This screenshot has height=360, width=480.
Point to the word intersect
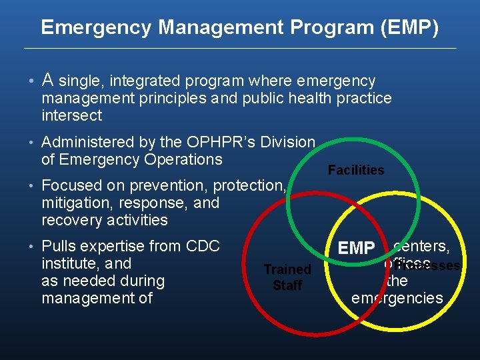click(x=71, y=116)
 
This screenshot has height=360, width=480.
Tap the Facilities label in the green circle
click(x=356, y=170)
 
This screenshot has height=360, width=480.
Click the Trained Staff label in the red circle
click(x=287, y=277)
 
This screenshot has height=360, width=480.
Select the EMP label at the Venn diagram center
click(x=356, y=249)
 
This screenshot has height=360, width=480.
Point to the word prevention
click(x=169, y=185)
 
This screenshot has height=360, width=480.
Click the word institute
click(x=69, y=263)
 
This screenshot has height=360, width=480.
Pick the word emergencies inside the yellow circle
click(x=397, y=298)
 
